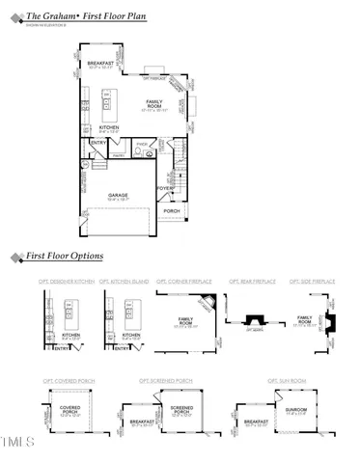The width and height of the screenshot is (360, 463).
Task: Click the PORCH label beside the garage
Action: click(x=172, y=210)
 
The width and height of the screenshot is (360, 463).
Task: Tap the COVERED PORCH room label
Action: click(x=70, y=409)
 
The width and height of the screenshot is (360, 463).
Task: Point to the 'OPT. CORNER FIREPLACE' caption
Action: click(x=189, y=281)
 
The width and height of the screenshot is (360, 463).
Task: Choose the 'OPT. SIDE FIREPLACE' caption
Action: click(x=311, y=281)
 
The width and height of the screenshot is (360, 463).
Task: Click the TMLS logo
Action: click(x=18, y=444)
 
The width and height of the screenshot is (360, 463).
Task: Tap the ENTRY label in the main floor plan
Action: click(x=98, y=143)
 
